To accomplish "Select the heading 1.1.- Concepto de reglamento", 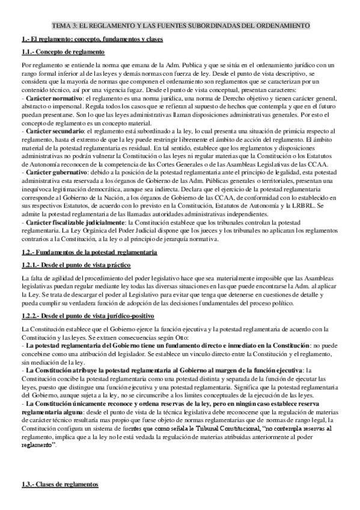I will point(55,52).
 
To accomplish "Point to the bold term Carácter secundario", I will point(53,130).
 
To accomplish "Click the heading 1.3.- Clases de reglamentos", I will point(58,485).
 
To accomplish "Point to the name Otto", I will point(181,337).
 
